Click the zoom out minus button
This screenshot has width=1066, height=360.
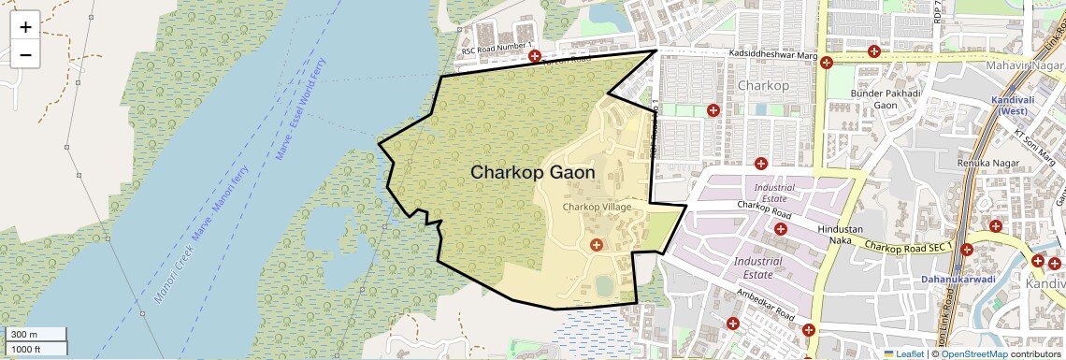point(25,55)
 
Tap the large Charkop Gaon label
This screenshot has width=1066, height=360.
point(532,173)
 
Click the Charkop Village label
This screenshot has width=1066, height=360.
point(597,207)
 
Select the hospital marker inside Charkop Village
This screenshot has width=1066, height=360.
point(596,245)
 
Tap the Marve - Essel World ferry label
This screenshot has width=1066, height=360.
point(301,103)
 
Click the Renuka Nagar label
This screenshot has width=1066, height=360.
point(988,163)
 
